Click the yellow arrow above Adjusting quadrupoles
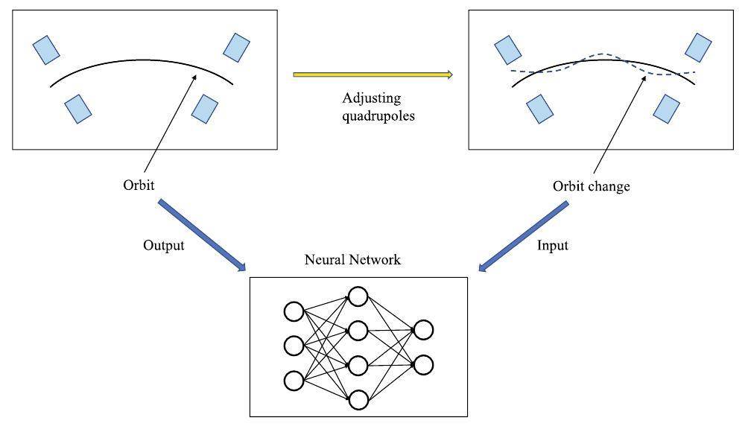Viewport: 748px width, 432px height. point(373,74)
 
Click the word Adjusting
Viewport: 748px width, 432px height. point(372,98)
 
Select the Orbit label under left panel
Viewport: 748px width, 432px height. point(139,184)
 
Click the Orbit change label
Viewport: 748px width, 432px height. point(591,186)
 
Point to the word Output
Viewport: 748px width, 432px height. point(163,245)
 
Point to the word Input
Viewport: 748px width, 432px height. point(552,245)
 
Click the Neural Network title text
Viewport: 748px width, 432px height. point(352,260)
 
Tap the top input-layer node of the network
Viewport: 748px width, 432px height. point(294,311)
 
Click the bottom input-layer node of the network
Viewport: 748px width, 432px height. point(294,381)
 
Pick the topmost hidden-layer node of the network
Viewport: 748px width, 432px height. point(358,296)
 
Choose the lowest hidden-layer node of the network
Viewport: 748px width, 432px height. point(358,400)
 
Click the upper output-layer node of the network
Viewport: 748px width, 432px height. point(423,329)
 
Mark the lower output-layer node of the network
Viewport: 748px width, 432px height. point(423,365)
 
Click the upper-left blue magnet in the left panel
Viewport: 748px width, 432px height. point(46,49)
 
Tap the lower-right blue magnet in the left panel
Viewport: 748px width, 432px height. point(204,109)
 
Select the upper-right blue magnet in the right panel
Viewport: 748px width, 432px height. point(698,48)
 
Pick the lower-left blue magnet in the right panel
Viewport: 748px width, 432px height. point(539,109)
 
